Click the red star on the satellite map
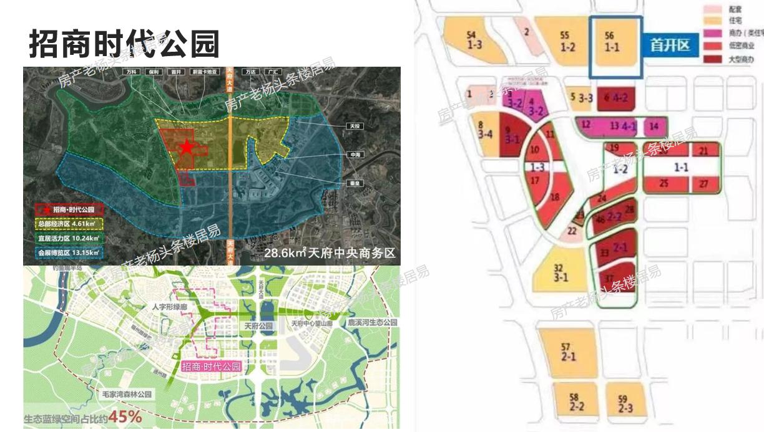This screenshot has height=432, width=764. [x=186, y=147]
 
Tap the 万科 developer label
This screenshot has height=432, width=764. [x=131, y=72]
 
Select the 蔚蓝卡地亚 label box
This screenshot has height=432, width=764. [x=206, y=72]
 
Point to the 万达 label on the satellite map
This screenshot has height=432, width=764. [x=252, y=72]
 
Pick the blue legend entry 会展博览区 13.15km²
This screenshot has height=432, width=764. [x=69, y=252]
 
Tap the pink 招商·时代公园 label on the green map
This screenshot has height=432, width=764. [x=211, y=367]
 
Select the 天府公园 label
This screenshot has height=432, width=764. [x=258, y=326]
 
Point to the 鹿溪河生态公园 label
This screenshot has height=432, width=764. [x=373, y=322]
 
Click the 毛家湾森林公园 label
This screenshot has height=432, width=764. [x=127, y=394]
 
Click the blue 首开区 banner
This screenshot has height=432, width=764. [x=670, y=46]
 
